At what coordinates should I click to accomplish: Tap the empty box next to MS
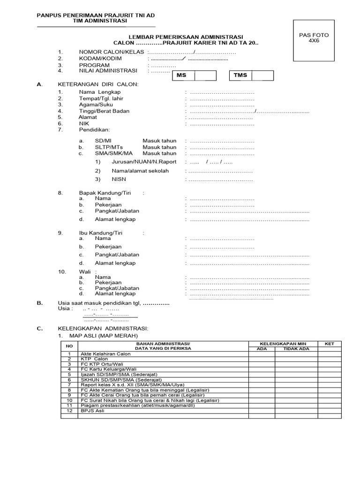point(206,75)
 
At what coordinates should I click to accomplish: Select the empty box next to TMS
point(262,75)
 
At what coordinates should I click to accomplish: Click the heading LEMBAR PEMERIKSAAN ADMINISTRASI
point(186,37)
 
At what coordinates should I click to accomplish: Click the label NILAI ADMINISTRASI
point(108,71)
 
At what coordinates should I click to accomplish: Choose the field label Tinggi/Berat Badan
point(104,111)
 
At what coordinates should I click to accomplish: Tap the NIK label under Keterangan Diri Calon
point(84,124)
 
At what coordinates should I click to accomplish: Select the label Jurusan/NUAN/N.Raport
point(144,162)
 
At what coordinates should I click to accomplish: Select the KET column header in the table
point(330,344)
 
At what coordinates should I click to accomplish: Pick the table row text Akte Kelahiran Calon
point(105,354)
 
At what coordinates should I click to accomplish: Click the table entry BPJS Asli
point(93,411)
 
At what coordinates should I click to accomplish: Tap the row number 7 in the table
point(69,385)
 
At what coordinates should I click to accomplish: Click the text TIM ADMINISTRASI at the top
point(96,22)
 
